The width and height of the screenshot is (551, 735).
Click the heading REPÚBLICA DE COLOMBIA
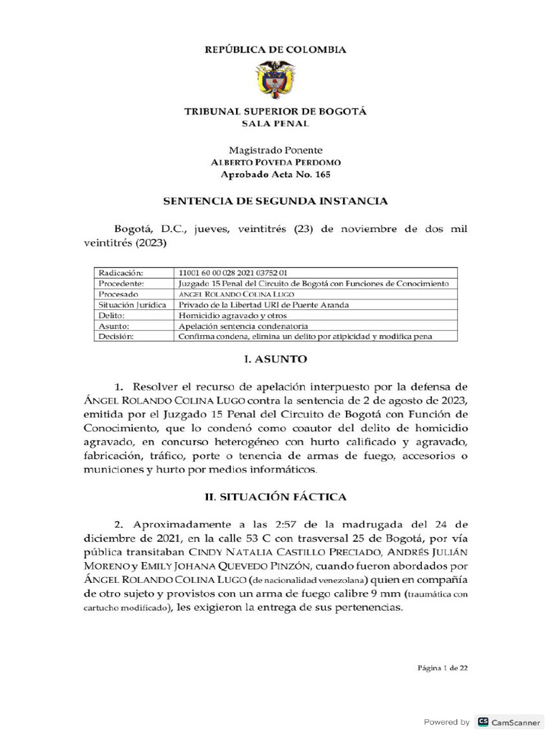pyautogui.click(x=275, y=50)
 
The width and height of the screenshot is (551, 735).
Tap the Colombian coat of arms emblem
pyautogui.click(x=275, y=81)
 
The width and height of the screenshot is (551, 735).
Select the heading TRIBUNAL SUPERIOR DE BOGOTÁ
pyautogui.click(x=275, y=112)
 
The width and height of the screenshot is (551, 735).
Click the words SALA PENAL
pyautogui.click(x=275, y=123)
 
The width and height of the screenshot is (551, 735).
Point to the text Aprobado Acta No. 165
pyautogui.click(x=275, y=174)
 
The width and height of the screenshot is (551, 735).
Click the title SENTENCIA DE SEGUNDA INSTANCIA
pyautogui.click(x=275, y=202)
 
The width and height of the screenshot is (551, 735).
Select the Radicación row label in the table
pyautogui.click(x=122, y=273)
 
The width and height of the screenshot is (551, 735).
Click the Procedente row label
pyautogui.click(x=123, y=284)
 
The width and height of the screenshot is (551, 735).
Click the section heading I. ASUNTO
pyautogui.click(x=275, y=358)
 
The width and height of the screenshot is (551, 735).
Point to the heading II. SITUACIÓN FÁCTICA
pyautogui.click(x=275, y=497)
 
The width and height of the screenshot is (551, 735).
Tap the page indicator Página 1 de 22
pyautogui.click(x=443, y=668)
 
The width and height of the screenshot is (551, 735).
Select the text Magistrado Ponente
pyautogui.click(x=275, y=150)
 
